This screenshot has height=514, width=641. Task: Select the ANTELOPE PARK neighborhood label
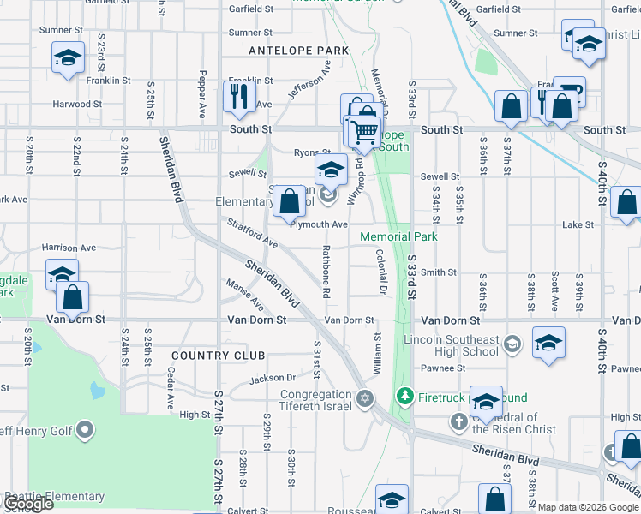pos(298,51)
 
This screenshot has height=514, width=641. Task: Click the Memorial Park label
pos(398,236)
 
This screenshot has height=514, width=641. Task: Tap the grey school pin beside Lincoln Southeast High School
pos(512,344)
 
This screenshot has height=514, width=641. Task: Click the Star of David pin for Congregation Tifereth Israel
pos(365,397)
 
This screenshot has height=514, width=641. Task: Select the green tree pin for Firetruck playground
pos(405,397)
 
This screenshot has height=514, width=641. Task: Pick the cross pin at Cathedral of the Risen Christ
pos(458,421)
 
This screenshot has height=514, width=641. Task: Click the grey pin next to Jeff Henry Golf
pos(85,429)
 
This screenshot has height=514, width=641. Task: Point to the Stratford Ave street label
pos(253,233)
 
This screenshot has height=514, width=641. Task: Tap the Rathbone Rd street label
pos(326,271)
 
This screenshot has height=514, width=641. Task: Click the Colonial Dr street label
pos(379,271)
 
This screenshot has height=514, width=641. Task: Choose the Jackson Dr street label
pos(273,378)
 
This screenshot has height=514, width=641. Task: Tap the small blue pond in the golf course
pos(97,391)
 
